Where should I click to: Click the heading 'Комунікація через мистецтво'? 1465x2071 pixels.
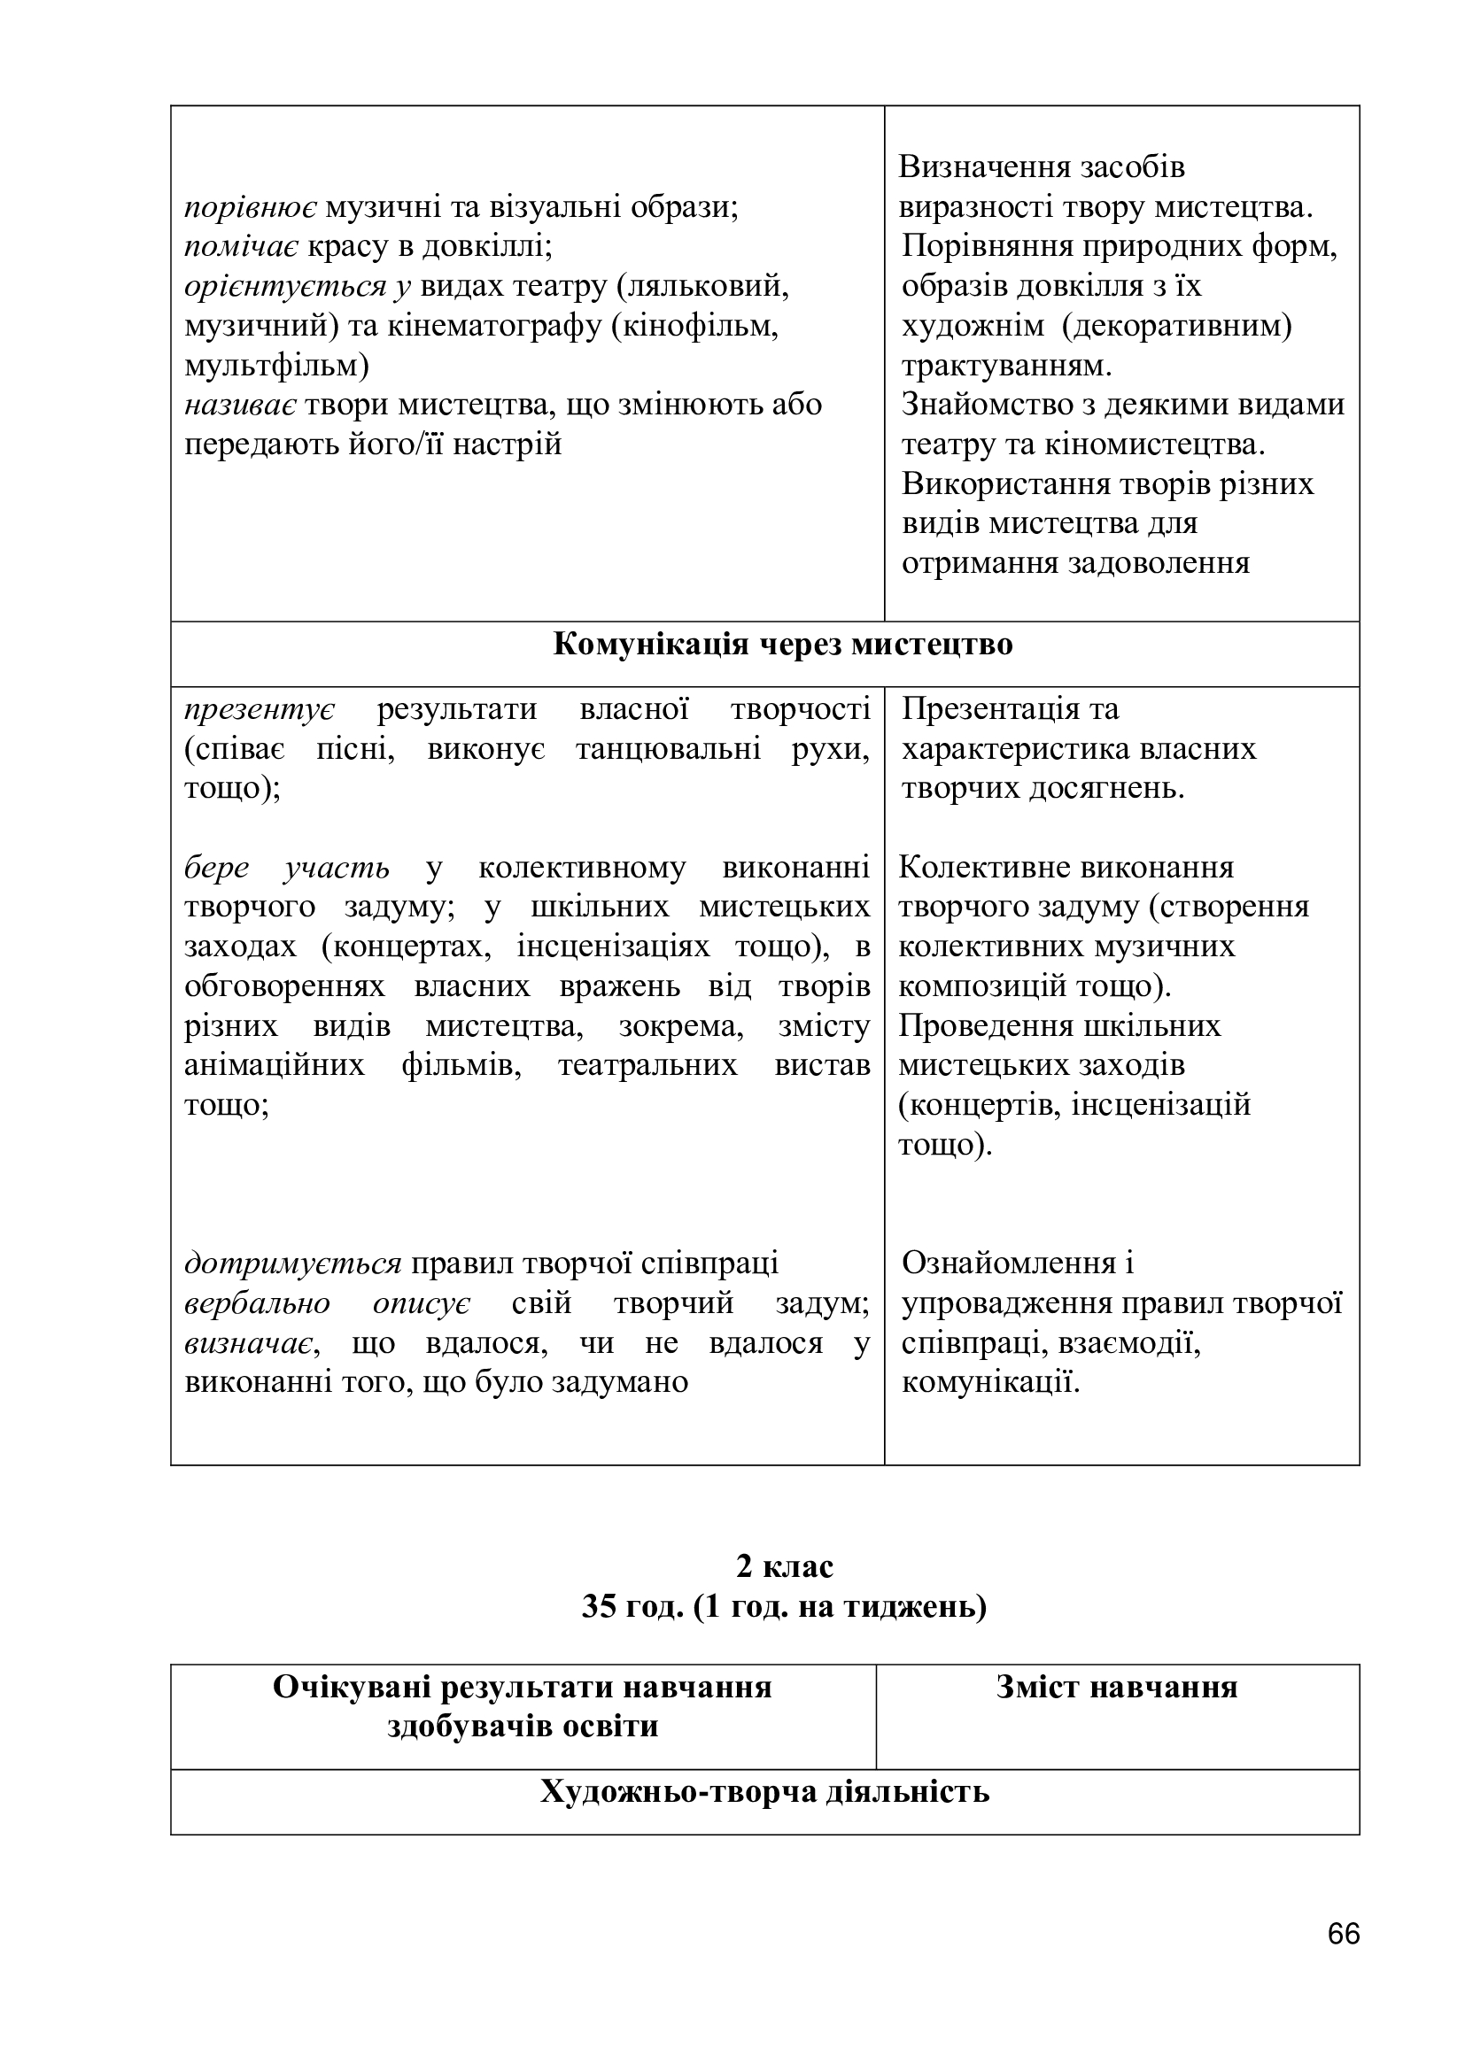(x=782, y=644)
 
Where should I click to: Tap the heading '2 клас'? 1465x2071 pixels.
(x=784, y=1566)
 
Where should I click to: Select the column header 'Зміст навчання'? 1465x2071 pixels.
(x=1117, y=1687)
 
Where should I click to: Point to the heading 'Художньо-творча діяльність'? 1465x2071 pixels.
(x=765, y=1791)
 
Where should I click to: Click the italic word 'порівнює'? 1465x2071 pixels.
(x=250, y=207)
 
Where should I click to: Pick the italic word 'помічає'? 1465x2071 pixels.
(x=241, y=246)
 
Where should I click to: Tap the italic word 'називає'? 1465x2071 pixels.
(x=240, y=405)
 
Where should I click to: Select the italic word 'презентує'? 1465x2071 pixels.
(x=259, y=709)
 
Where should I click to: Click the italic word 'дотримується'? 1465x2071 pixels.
(x=292, y=1263)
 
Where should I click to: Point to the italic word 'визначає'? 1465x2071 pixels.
(x=250, y=1342)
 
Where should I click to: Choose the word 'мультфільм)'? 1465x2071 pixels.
(x=276, y=366)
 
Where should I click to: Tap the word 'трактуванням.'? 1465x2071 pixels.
(x=1007, y=366)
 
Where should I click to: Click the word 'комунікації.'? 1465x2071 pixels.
(x=990, y=1382)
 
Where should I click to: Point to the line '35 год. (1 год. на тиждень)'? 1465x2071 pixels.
(x=784, y=1606)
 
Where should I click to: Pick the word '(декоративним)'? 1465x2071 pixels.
(x=1177, y=326)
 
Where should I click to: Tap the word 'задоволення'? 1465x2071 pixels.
(x=1159, y=563)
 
